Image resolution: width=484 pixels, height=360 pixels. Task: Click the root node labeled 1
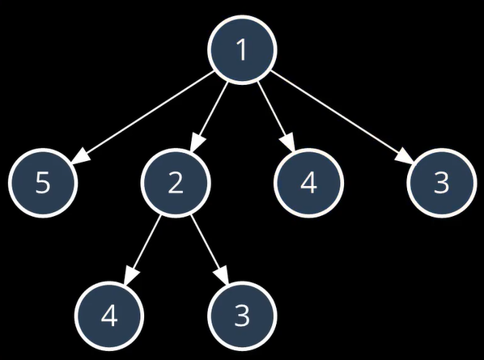point(242,49)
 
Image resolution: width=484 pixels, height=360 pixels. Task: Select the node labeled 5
point(43,183)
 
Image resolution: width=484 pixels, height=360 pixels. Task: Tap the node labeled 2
point(176,183)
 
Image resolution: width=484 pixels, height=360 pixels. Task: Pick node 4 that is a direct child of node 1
point(308,183)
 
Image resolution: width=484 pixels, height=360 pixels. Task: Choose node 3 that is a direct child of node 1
point(441,183)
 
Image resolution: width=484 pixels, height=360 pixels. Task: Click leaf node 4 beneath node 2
point(109,316)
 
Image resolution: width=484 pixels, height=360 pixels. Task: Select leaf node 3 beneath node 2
point(242,316)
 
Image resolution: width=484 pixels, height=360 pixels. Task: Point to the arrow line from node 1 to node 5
point(142,117)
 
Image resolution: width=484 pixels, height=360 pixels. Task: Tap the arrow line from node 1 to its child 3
point(342,117)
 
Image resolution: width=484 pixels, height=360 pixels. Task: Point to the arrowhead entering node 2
point(196,142)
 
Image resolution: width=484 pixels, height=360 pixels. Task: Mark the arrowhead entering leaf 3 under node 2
point(223,275)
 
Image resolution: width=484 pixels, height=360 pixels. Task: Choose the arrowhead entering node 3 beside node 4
point(405,156)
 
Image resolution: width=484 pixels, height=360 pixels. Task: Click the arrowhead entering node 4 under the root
point(289,142)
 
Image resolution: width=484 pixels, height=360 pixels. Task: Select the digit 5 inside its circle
point(43,183)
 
